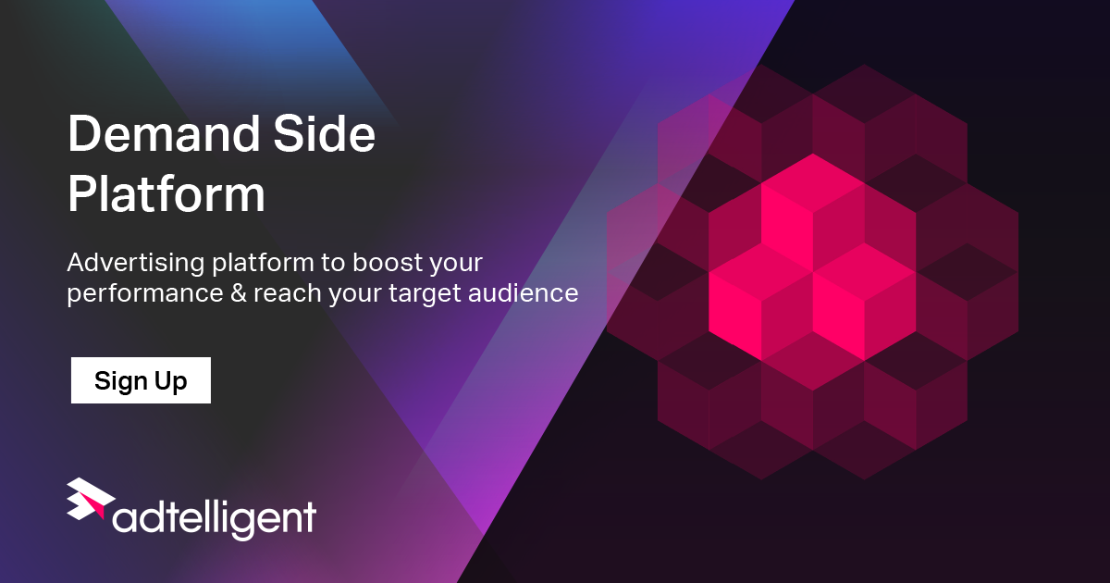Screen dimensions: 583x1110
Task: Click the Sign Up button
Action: [x=141, y=380]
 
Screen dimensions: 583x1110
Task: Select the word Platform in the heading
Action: [x=166, y=195]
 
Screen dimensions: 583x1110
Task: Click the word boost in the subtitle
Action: [x=381, y=263]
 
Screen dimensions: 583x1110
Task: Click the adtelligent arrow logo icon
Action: [x=90, y=501]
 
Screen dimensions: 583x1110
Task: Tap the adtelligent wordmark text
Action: [x=215, y=517]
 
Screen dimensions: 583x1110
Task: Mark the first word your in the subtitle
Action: [x=457, y=264]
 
